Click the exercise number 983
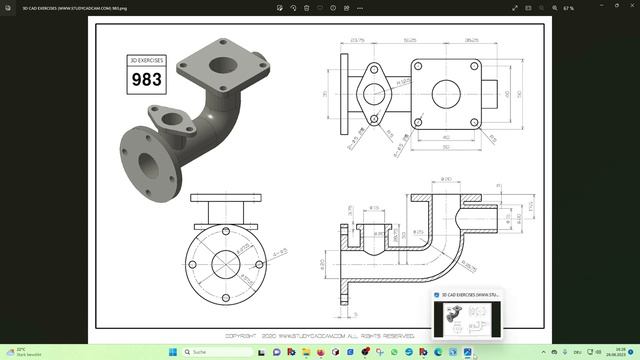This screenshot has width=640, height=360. [x=147, y=80]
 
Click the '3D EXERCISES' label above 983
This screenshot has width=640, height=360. [x=147, y=61]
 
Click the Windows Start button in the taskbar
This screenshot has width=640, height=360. [x=171, y=352]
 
